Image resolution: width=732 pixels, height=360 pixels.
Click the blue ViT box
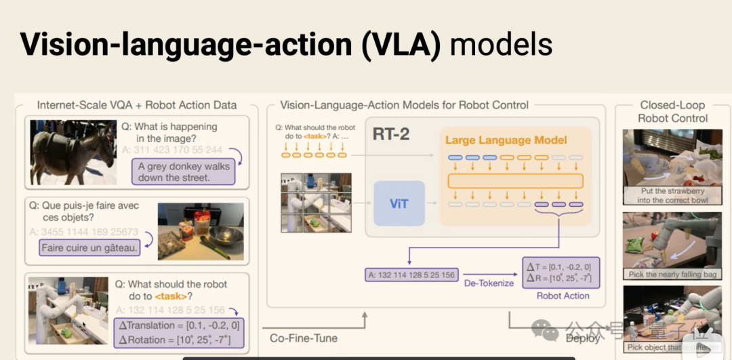point(399,203)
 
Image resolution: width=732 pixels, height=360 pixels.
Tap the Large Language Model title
point(506,140)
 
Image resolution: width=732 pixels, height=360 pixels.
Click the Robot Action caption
point(563,296)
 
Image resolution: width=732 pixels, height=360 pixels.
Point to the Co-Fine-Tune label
point(303,338)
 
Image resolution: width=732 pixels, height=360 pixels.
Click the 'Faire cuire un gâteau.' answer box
point(89,248)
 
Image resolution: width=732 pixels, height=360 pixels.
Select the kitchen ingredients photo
point(200,231)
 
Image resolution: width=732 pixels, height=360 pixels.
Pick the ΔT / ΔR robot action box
point(561,272)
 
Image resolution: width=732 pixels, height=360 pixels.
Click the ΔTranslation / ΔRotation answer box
point(179,332)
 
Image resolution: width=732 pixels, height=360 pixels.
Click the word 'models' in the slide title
point(501,45)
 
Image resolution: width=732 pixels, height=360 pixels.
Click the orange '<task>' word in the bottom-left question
point(170,296)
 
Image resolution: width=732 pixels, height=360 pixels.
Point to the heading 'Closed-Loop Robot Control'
point(672,111)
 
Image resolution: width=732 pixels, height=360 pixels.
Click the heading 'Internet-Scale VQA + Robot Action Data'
point(137,105)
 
